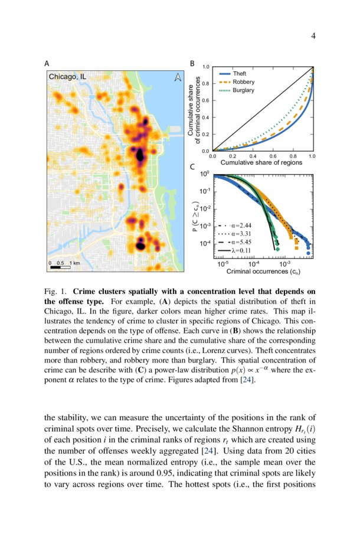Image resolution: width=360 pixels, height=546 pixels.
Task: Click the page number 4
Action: tap(313, 37)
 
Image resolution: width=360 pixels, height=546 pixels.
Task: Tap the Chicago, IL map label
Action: tap(67, 77)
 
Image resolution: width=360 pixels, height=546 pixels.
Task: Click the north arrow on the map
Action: tap(177, 77)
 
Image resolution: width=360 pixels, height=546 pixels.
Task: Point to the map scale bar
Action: tap(60, 267)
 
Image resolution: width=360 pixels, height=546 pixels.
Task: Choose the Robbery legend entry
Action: tap(242, 81)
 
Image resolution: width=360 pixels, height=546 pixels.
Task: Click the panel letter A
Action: tap(47, 63)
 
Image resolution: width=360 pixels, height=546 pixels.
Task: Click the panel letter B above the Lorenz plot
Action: tap(191, 63)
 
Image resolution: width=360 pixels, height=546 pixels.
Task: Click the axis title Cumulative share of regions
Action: tap(261, 162)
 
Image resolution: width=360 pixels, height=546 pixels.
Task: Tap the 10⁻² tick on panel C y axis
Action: tap(205, 208)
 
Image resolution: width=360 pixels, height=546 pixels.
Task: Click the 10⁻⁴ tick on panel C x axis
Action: tap(254, 264)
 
